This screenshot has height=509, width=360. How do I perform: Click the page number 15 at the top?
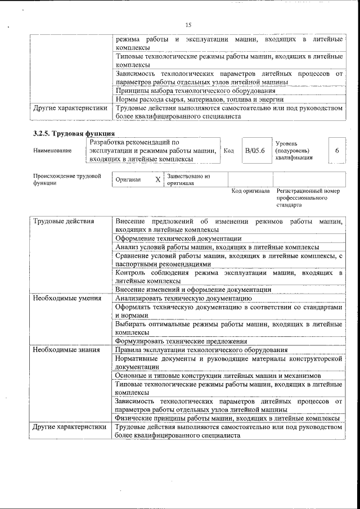click(188, 25)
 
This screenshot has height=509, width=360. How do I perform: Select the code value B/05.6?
click(255, 151)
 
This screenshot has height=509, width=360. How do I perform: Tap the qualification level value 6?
click(336, 151)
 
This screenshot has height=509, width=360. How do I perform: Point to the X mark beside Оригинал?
click(158, 180)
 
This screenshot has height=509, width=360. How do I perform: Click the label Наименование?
click(52, 151)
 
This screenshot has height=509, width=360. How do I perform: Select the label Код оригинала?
click(250, 191)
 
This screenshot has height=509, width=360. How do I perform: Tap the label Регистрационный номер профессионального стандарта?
click(308, 199)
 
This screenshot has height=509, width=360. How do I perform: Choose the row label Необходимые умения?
click(66, 299)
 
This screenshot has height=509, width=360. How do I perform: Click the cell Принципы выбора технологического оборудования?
click(195, 91)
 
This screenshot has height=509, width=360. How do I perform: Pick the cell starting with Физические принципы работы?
click(227, 418)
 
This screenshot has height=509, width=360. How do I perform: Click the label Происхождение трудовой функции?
click(67, 179)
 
